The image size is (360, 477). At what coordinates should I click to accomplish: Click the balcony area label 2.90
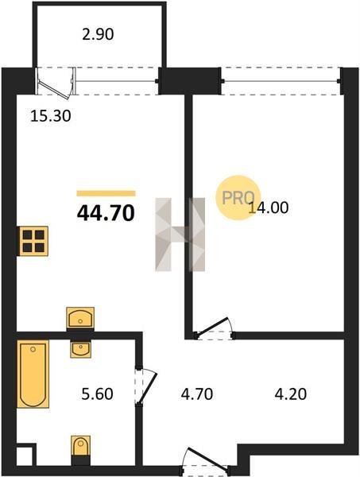(x=98, y=34)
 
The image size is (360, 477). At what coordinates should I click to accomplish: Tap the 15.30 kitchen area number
(x=51, y=116)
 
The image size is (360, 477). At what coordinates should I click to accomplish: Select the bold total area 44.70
(x=106, y=213)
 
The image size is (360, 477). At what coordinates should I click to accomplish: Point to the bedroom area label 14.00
(x=268, y=207)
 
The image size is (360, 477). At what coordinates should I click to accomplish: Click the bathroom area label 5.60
(x=97, y=394)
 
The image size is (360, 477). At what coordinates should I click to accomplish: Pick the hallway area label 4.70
(x=197, y=394)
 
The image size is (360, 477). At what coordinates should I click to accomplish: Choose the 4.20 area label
(x=290, y=394)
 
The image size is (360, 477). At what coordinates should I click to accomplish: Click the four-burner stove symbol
(x=33, y=241)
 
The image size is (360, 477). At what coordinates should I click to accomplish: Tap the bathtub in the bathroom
(x=33, y=374)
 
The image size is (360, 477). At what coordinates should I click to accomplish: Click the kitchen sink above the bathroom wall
(x=80, y=318)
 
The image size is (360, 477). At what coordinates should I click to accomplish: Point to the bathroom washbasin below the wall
(x=80, y=349)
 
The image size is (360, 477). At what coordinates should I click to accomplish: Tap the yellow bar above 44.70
(x=106, y=193)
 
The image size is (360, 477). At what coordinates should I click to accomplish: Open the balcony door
(x=56, y=83)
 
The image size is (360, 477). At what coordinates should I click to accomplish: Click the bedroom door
(x=215, y=328)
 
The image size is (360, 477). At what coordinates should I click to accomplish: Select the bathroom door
(x=146, y=386)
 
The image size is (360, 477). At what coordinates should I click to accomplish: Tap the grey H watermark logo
(x=180, y=235)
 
